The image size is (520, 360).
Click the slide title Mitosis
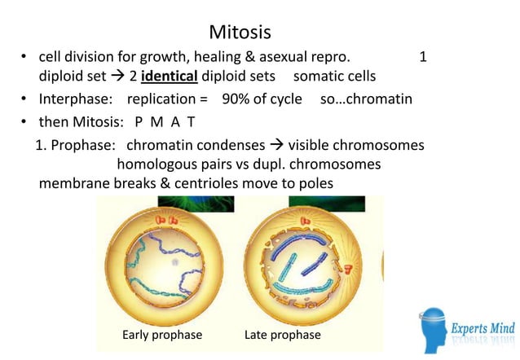point(240,33)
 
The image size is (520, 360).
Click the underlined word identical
point(175,77)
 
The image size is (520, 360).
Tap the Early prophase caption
point(162,335)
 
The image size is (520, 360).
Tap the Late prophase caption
point(283,335)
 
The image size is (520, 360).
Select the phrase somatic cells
point(335,77)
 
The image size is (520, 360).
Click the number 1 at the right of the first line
point(422,57)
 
